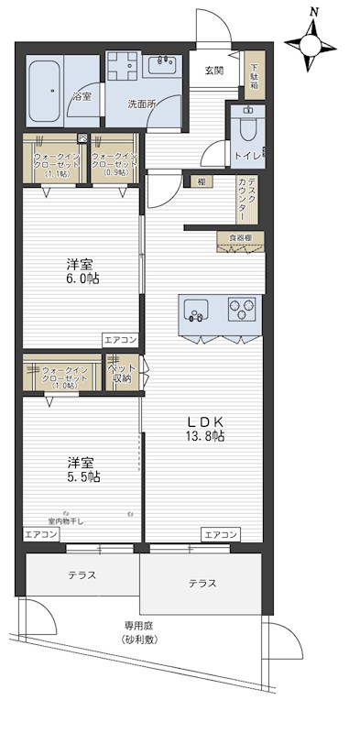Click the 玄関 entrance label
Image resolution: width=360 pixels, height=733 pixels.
[213, 71]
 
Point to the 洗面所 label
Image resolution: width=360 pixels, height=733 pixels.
[141, 104]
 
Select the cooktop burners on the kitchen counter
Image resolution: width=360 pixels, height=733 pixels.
[244, 310]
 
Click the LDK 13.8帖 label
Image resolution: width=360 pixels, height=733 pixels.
[205, 428]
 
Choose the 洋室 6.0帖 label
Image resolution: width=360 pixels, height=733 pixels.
[82, 270]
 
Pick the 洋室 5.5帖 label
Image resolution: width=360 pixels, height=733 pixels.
[82, 469]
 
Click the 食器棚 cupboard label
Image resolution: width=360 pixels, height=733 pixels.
[240, 239]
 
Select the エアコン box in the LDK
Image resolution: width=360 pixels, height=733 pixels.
[221, 534]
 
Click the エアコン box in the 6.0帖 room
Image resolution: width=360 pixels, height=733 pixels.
[120, 339]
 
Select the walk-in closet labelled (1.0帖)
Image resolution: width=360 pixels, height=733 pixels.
[61, 374]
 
